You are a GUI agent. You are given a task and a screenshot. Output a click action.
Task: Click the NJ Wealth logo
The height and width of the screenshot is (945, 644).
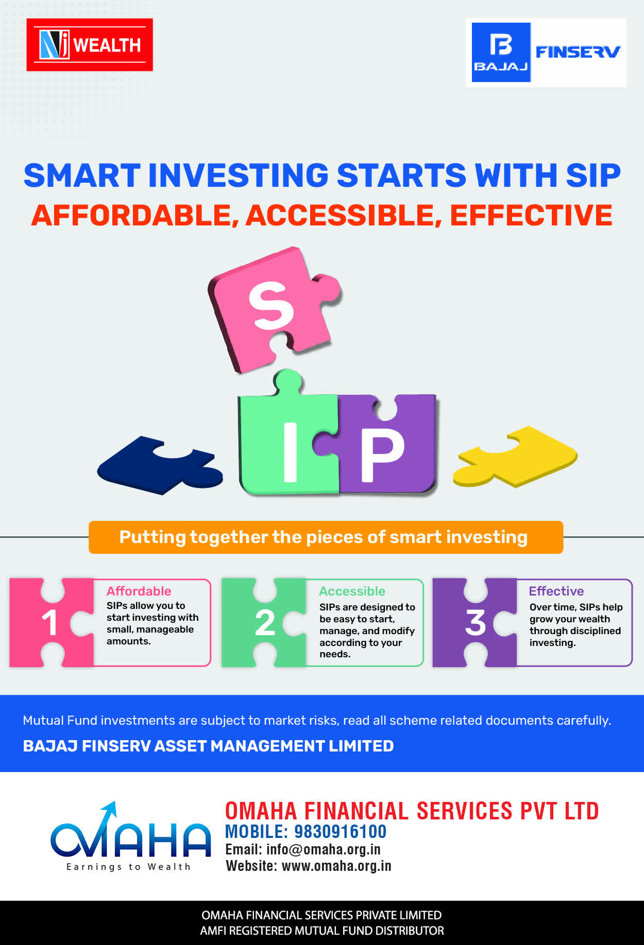(x=90, y=45)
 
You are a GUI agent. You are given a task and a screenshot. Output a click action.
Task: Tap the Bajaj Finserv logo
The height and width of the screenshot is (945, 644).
(x=546, y=52)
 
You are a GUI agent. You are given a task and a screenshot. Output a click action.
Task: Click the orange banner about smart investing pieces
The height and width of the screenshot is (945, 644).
(x=326, y=537)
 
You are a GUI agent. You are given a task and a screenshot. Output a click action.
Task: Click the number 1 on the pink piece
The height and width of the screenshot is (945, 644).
(x=49, y=623)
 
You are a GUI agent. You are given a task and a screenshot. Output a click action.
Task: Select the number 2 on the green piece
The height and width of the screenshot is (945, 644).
(x=265, y=623)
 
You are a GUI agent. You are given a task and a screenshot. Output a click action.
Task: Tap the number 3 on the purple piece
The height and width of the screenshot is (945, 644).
(x=476, y=623)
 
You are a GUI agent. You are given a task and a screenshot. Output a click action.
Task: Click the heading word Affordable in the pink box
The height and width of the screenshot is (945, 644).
(x=139, y=591)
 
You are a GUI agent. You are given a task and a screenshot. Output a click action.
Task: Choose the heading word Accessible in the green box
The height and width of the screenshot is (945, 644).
(x=352, y=591)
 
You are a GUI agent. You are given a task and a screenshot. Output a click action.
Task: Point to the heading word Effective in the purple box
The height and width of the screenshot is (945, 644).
(x=556, y=591)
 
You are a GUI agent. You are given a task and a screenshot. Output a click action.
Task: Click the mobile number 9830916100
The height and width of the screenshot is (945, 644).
(x=340, y=832)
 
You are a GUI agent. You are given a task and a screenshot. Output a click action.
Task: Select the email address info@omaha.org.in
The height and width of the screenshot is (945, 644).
(x=324, y=850)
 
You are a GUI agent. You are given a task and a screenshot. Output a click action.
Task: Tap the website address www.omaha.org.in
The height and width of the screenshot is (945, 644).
(x=336, y=866)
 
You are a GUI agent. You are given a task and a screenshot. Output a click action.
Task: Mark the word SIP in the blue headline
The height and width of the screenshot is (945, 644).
(x=593, y=176)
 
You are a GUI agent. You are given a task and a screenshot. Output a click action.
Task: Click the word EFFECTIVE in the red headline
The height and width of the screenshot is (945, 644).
(x=531, y=215)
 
